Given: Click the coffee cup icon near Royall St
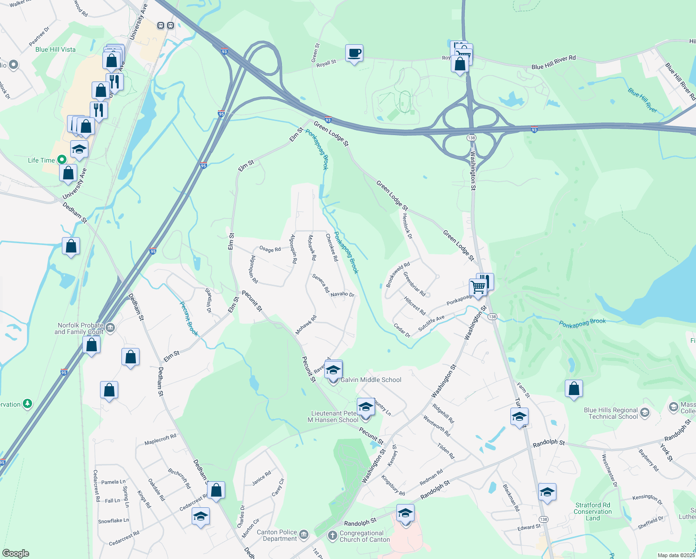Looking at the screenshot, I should coord(354,53).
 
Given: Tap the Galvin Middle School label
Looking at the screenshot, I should coord(371,380).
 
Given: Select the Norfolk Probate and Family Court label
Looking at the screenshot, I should coord(79,328).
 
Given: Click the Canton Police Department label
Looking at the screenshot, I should coord(277,535).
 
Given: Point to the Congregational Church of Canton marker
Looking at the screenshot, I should coord(332,536).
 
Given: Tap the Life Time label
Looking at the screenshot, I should coord(41,160).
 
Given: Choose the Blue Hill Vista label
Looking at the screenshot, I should coord(55,49).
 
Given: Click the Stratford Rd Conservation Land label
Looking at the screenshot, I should coord(593,511).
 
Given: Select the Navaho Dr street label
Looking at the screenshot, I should coord(342,294).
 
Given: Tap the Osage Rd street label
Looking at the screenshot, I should coord(270,249).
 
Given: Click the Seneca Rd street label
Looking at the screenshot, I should coord(321,283).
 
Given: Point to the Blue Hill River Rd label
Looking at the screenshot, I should coord(554,62).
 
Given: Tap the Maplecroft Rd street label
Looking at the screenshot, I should coord(160,439).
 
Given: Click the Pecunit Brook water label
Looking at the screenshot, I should coord(189,319).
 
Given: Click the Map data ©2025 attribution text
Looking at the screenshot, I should coord(675,555).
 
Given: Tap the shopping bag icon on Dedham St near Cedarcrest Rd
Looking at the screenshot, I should coord(216,490).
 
